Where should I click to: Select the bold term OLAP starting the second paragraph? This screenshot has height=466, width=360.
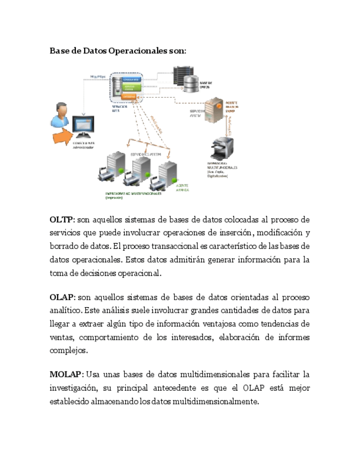62,297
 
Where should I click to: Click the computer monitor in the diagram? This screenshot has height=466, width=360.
82,128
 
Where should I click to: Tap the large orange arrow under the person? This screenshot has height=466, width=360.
64,135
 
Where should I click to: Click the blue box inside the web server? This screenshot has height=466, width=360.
130,80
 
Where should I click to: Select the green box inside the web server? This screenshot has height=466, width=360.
130,87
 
